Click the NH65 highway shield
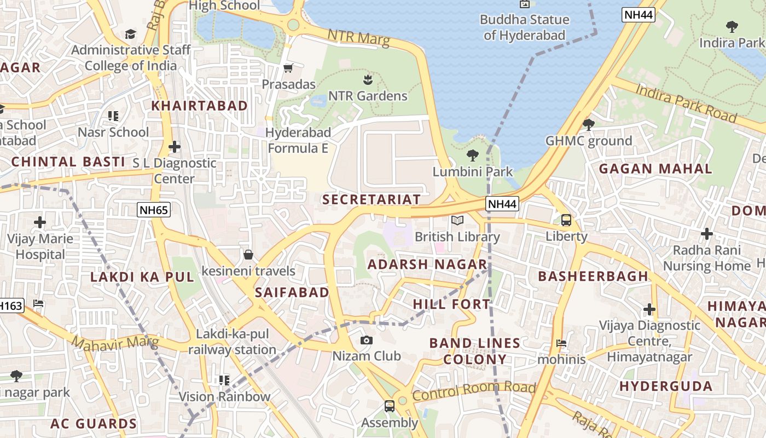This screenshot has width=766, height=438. (x=154, y=210)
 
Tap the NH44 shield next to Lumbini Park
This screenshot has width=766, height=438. (x=502, y=204)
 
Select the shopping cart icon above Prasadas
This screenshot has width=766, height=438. (x=288, y=68)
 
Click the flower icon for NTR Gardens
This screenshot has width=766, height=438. (x=368, y=80)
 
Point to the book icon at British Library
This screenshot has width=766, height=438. (x=457, y=221)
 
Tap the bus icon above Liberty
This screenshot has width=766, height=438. (x=566, y=220)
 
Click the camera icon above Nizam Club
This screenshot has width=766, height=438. (x=367, y=340)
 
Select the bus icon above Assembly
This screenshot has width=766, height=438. (x=390, y=406)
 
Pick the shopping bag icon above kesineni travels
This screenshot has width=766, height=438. (x=248, y=255)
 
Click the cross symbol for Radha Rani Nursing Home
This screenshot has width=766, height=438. (x=707, y=234)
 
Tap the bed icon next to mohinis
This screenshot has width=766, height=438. (x=561, y=344)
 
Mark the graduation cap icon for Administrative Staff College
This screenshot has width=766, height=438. (x=130, y=34)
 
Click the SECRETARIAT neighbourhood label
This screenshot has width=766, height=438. (x=372, y=199)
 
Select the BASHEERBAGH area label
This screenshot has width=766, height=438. (x=593, y=276)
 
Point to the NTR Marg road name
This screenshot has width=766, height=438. (x=358, y=38)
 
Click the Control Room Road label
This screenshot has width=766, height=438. (x=473, y=391)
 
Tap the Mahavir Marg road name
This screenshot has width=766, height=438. (x=115, y=344)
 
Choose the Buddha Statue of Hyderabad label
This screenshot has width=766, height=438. (x=524, y=27)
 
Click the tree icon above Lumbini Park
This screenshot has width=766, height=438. (x=473, y=155)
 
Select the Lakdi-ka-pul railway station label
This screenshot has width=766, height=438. (x=232, y=342)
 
